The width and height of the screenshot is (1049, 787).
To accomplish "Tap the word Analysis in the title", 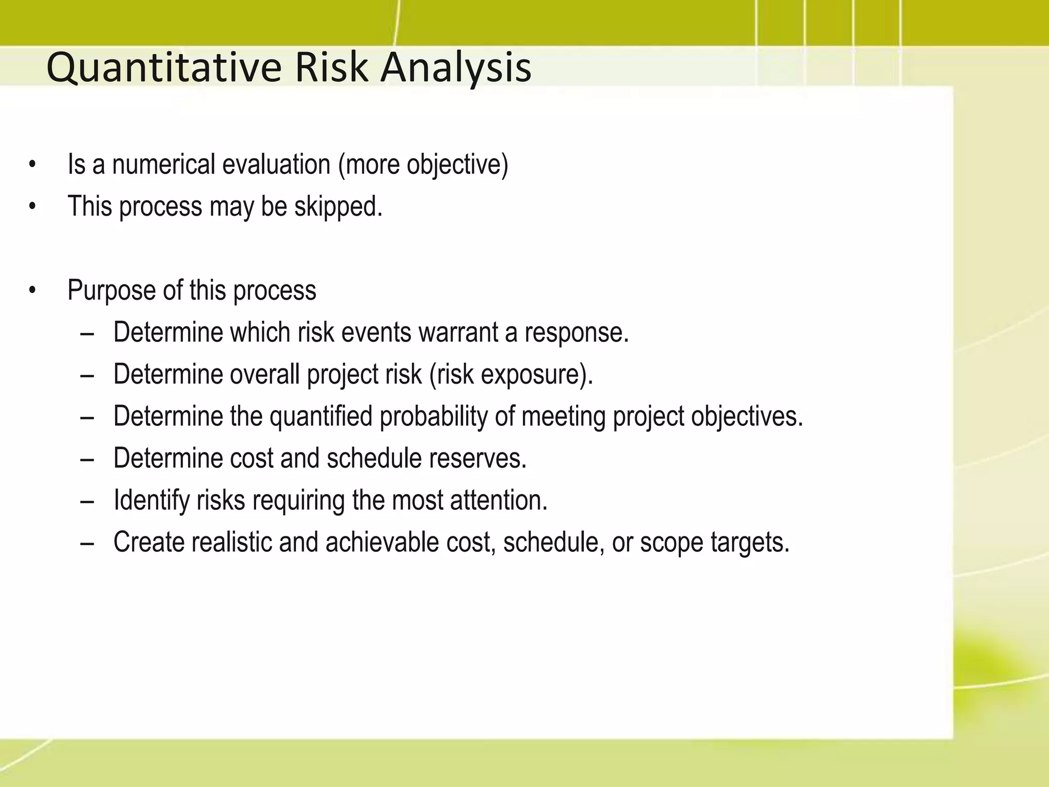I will click(456, 69).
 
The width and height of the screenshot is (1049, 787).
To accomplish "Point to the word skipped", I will click(338, 207).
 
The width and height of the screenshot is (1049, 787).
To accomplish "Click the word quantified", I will click(321, 416).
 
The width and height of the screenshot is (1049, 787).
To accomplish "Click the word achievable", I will click(382, 542).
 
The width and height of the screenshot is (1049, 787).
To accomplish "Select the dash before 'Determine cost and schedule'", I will click(87, 459).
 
